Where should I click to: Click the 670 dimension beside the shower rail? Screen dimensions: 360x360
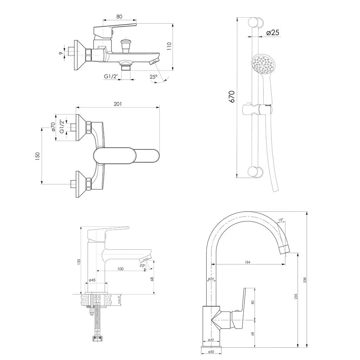click(232, 97)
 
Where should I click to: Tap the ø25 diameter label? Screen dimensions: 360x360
click(273, 33)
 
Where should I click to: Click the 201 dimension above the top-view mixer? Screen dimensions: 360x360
click(118, 104)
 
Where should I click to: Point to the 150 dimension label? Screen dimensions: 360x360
click(38, 156)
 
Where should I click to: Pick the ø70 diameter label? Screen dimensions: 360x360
click(53, 127)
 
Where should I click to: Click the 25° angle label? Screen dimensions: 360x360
click(154, 77)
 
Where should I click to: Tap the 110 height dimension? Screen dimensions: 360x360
click(169, 46)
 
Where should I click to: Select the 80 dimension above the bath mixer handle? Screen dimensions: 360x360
click(120, 17)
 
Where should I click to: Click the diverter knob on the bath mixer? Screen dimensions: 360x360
click(126, 45)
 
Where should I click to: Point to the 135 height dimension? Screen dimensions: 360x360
click(79, 262)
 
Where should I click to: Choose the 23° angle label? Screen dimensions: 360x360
click(143, 265)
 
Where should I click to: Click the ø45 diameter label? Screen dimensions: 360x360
click(92, 280)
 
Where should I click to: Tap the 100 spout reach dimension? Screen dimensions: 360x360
click(121, 269)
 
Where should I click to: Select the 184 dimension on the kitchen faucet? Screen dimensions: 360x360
click(247, 262)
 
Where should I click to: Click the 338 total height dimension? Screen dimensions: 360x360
click(305, 280)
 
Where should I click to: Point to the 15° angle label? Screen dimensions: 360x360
click(281, 220)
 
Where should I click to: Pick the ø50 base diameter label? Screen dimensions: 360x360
click(211, 352)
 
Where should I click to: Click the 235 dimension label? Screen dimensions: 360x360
click(296, 296)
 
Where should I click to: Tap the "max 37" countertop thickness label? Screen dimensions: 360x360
click(119, 300)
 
